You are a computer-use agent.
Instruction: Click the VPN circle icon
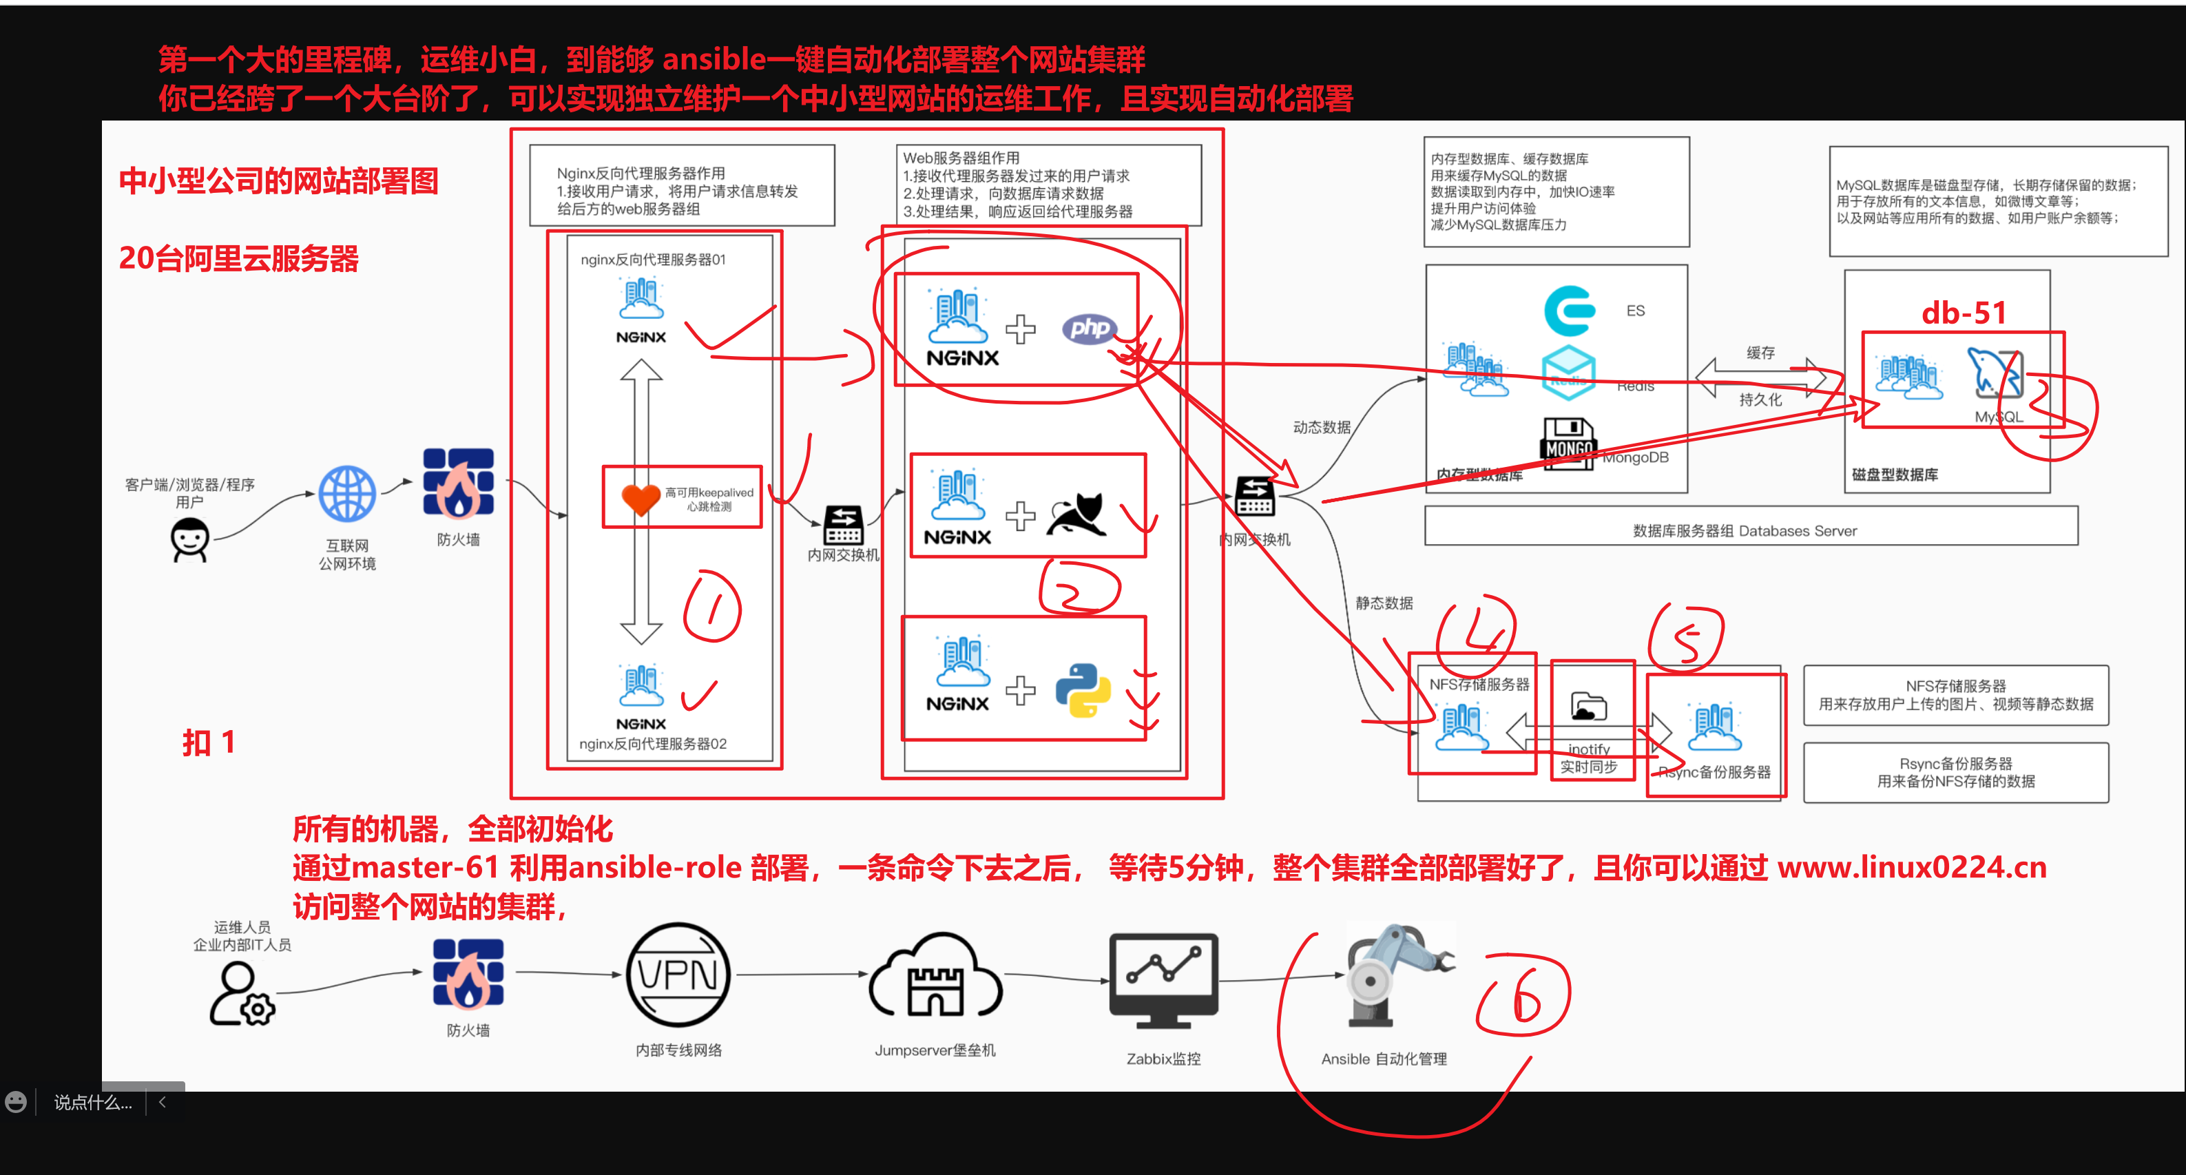(678, 975)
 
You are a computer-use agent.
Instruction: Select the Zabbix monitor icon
(1163, 981)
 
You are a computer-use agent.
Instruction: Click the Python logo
(1083, 689)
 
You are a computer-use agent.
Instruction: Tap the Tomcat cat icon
(1077, 514)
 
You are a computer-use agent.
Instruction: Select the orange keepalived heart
(641, 499)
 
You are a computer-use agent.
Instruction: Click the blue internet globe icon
(347, 494)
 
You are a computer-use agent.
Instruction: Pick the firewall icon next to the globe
(458, 483)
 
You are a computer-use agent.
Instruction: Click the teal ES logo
(1569, 311)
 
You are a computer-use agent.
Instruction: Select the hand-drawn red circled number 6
(1524, 996)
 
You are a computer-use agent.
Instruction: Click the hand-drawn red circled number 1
(713, 607)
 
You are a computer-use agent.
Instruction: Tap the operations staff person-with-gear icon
(242, 995)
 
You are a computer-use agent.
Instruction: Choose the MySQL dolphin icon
(1995, 373)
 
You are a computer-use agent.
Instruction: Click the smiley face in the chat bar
(16, 1102)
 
